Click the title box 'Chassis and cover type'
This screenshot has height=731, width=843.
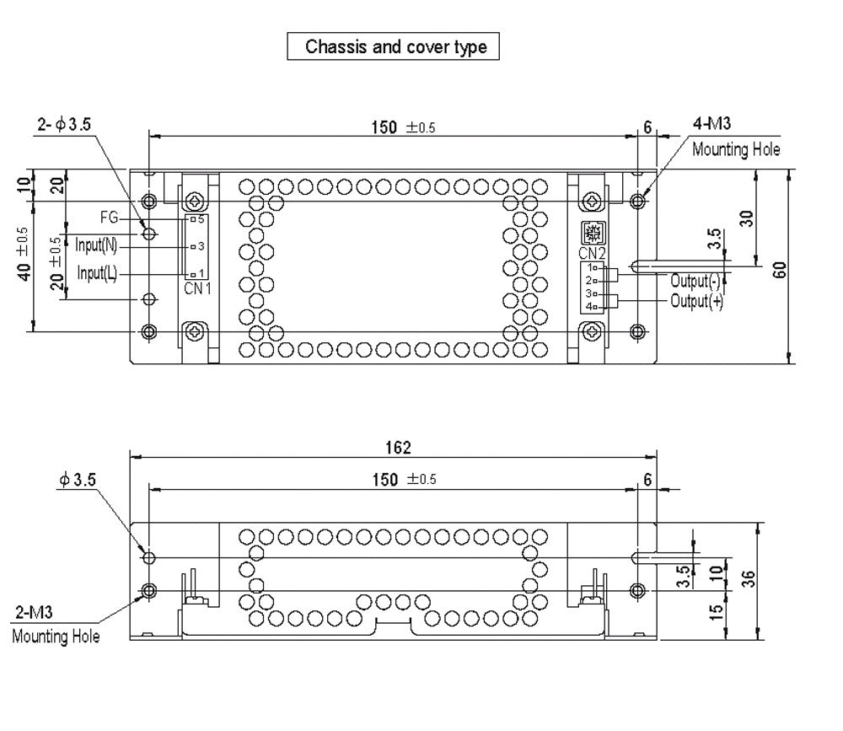[x=395, y=46]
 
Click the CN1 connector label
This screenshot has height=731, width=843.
[x=197, y=288]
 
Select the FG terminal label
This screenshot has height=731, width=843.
[x=110, y=217]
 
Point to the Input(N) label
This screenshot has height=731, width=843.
[x=96, y=246]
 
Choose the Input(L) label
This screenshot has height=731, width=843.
[x=97, y=274]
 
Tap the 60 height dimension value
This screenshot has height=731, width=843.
[x=781, y=269]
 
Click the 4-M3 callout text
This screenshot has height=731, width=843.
[x=713, y=126]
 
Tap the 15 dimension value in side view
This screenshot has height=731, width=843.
[x=717, y=609]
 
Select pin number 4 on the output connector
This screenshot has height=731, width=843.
[x=589, y=306]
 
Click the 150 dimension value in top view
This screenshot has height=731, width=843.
[x=384, y=127]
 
